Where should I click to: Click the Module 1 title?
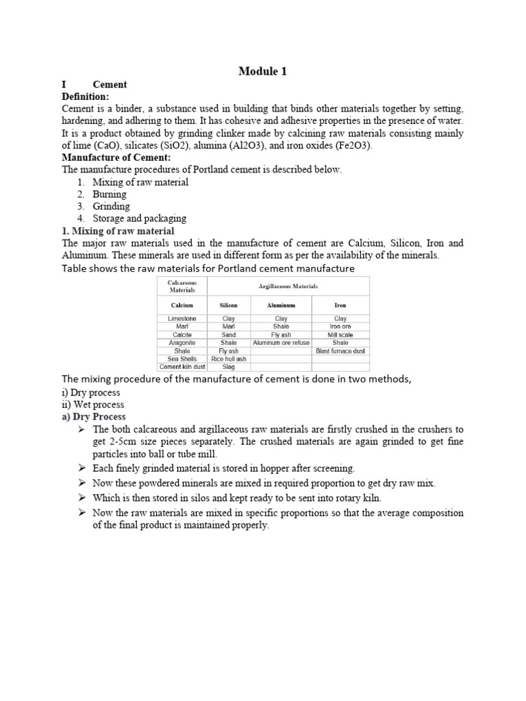click(263, 71)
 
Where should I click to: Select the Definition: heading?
click(86, 97)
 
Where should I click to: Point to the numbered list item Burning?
click(110, 194)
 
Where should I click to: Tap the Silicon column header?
click(228, 305)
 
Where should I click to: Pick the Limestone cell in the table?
click(181, 319)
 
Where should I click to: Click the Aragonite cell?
click(181, 343)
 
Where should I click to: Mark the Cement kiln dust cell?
click(181, 367)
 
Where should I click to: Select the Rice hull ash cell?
click(228, 359)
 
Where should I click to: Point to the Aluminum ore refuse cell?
click(281, 343)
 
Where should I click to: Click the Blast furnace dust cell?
click(340, 351)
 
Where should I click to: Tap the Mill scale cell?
click(340, 335)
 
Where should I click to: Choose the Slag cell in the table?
click(228, 367)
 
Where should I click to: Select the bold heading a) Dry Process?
click(94, 416)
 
